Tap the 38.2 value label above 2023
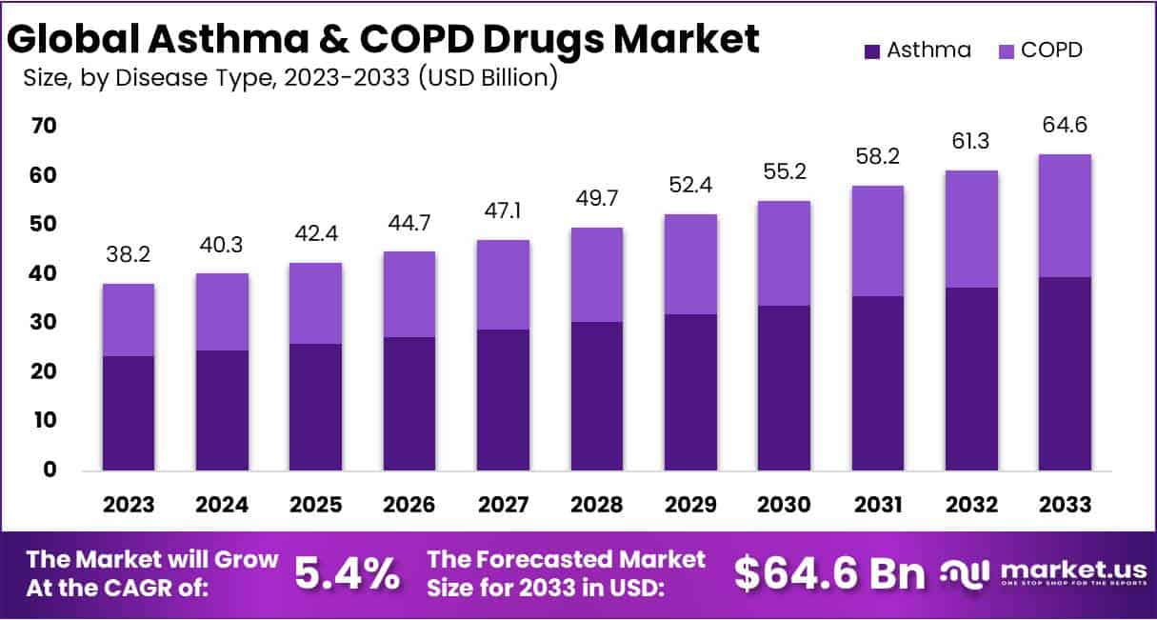tap(129, 254)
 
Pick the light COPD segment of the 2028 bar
tap(596, 274)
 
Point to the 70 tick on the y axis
tap(45, 126)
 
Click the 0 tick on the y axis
tap(50, 470)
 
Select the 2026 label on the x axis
tap(409, 503)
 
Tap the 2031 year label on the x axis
tap(877, 503)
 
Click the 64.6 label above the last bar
tap(1065, 126)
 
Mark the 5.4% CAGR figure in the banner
tap(346, 572)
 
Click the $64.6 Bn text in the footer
tap(829, 572)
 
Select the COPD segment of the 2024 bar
tap(222, 311)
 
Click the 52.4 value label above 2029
tap(689, 185)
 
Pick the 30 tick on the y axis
tap(45, 323)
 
